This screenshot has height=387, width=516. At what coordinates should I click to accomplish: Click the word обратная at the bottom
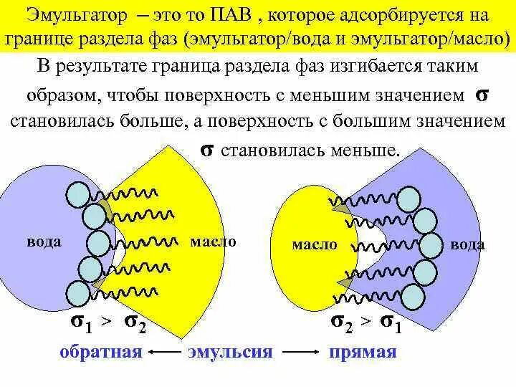pos(100,352)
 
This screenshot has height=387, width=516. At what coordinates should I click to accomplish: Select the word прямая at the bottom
pos(363,352)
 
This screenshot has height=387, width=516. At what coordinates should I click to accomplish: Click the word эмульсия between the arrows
pos(231,352)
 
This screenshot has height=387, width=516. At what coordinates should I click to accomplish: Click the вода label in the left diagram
pos(44,242)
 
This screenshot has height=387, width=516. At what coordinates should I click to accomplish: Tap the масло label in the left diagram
pos(213,242)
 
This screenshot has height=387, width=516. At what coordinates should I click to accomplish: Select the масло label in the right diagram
pos(314,244)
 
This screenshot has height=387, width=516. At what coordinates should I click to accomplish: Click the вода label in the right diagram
pos(467,244)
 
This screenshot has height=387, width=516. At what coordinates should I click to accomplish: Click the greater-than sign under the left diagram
pos(106,323)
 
